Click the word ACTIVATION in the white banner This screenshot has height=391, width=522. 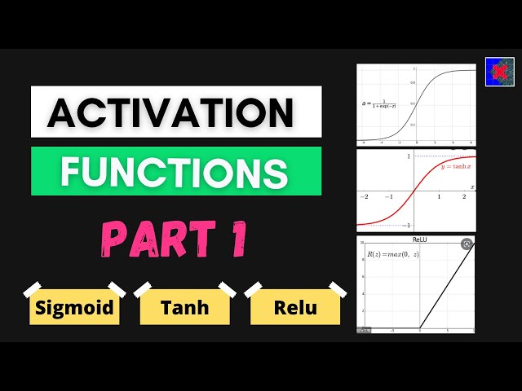[x=170, y=112]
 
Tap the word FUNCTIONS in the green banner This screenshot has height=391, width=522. [x=174, y=171]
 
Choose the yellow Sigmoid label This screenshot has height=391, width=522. [x=74, y=309]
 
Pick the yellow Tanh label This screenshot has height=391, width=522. [x=184, y=309]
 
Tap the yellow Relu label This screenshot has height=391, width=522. [x=294, y=309]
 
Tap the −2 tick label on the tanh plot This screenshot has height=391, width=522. [x=365, y=197]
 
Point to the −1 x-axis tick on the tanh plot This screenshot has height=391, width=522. [x=390, y=197]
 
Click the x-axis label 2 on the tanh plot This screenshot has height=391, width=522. [x=464, y=197]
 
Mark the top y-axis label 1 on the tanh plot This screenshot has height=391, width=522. [x=409, y=156]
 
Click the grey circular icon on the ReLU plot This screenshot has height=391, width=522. [x=467, y=244]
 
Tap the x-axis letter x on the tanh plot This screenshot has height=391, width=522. [x=473, y=187]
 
